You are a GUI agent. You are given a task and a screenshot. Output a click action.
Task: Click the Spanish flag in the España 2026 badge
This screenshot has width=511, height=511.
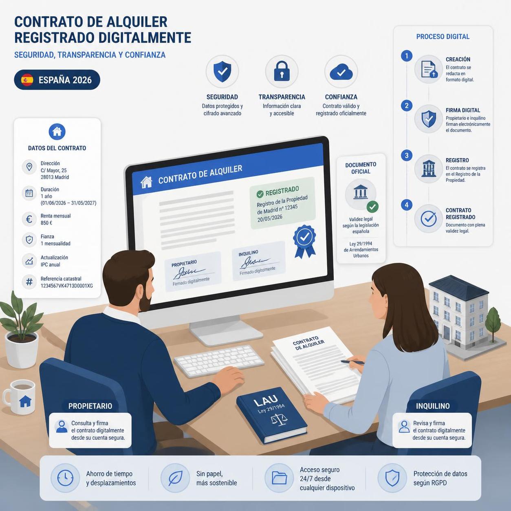click(27, 80)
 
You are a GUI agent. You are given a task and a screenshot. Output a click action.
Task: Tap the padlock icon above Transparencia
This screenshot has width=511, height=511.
click(282, 71)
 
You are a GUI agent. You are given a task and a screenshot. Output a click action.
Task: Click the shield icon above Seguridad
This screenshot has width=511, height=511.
click(222, 71)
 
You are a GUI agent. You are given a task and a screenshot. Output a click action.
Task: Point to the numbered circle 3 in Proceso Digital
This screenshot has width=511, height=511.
click(407, 155)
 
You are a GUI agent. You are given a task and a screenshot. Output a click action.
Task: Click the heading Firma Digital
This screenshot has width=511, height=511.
click(463, 110)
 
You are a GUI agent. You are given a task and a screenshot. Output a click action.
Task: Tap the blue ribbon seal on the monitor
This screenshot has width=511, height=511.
click(304, 241)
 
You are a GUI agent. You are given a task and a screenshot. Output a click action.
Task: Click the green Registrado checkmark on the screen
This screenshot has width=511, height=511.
click(260, 194)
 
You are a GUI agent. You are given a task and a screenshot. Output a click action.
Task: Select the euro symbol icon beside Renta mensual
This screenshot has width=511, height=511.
click(29, 219)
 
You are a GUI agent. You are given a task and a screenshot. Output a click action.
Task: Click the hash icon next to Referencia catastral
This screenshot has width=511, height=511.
click(29, 282)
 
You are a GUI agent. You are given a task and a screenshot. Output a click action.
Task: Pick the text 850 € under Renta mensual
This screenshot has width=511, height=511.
click(46, 223)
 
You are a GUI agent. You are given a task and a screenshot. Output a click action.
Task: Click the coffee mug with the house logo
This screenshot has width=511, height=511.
click(20, 397)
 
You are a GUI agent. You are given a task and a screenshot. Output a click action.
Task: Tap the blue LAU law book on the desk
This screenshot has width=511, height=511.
click(271, 415)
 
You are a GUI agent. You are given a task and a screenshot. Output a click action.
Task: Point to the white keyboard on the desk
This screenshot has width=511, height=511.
click(219, 361)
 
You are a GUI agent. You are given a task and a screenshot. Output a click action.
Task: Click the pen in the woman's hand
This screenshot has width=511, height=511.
click(352, 362)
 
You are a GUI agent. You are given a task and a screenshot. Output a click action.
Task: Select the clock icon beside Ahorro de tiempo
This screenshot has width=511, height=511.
click(65, 478)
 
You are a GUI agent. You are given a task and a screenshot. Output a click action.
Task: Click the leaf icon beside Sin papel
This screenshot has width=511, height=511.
click(175, 478)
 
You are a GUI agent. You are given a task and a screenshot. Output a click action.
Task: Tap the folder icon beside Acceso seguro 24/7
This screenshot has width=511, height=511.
click(279, 478)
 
